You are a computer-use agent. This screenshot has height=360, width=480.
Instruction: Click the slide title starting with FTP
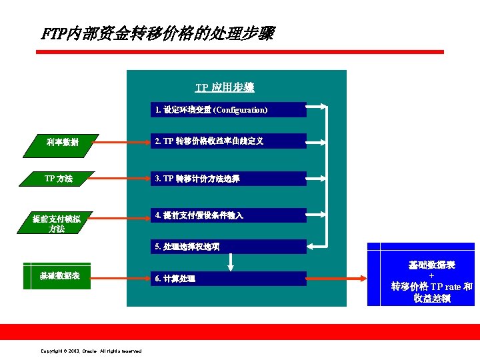point(157,33)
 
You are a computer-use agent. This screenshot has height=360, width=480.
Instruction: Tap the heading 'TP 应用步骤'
point(224,87)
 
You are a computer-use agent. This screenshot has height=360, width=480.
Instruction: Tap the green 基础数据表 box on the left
point(59,275)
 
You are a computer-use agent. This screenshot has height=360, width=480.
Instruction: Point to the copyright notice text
point(91,351)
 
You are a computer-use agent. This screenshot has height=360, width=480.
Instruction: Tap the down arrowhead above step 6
point(230,267)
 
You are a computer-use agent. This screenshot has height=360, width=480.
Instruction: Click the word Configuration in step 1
point(240,109)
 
